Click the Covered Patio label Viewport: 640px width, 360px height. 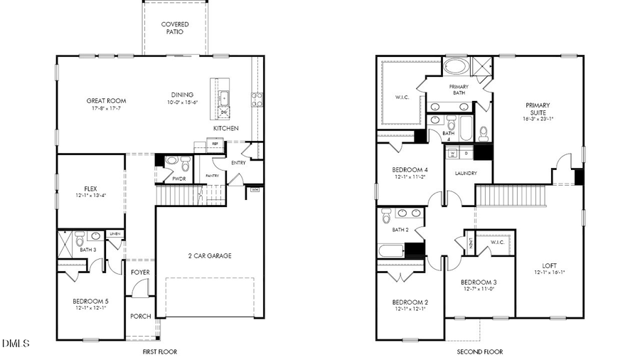175,28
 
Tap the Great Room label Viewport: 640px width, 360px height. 106,101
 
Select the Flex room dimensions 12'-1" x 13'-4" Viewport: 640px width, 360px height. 90,196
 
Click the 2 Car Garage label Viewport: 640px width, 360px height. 209,256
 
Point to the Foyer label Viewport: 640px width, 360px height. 140,272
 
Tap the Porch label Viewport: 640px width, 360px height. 140,316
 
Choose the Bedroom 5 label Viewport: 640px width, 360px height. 90,301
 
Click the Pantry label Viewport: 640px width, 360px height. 212,175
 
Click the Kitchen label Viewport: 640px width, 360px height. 225,128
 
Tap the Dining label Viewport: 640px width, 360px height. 182,95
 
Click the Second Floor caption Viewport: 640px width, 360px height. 479,351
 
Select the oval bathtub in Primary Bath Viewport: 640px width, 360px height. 456,67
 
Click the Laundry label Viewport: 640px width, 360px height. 465,173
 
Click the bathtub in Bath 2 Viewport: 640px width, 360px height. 391,250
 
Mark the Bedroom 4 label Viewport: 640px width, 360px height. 410,169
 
